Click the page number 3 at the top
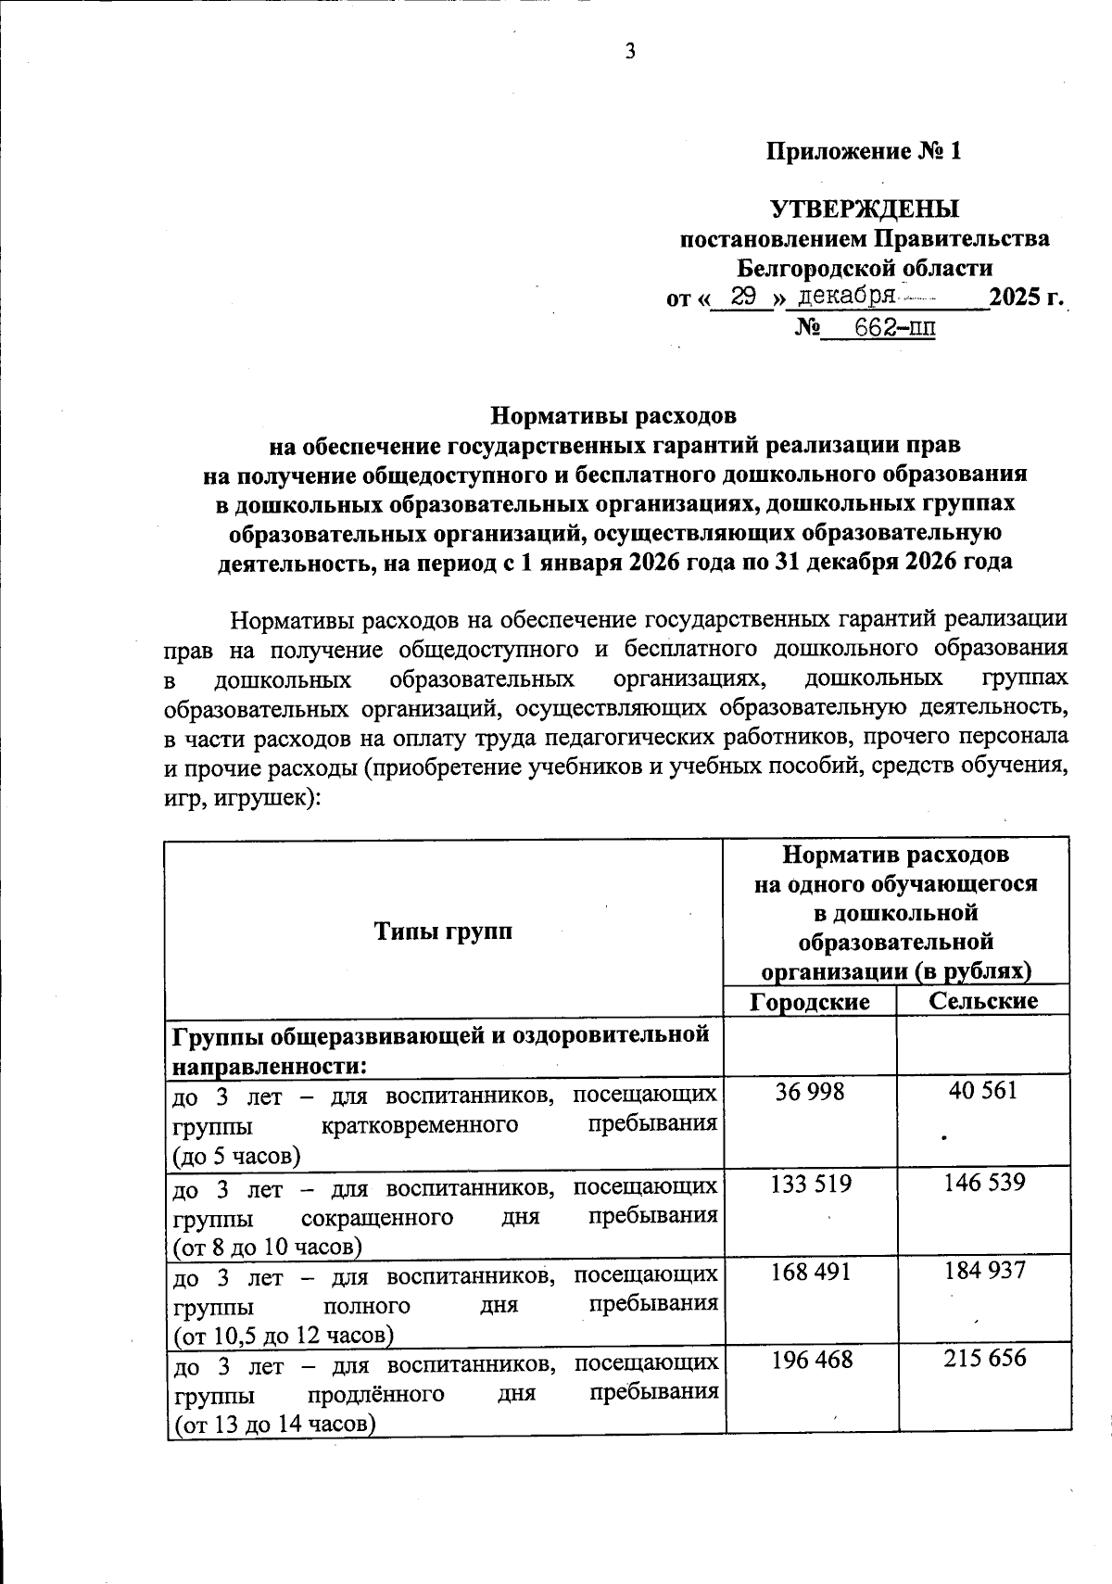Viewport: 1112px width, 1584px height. click(630, 52)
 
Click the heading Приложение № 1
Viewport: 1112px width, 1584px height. click(864, 152)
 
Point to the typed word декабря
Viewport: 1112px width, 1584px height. click(845, 297)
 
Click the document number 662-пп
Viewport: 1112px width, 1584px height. click(894, 327)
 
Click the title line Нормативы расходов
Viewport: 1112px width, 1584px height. click(613, 414)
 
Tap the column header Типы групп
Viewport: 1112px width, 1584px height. click(443, 931)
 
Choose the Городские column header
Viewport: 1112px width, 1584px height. click(810, 1002)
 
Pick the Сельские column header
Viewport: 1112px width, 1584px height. click(983, 1001)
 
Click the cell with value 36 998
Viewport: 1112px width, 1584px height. click(810, 1092)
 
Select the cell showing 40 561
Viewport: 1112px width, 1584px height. click(983, 1091)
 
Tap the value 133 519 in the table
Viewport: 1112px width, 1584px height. click(811, 1184)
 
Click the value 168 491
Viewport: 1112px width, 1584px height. click(811, 1272)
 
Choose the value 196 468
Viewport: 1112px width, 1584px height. click(811, 1361)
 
